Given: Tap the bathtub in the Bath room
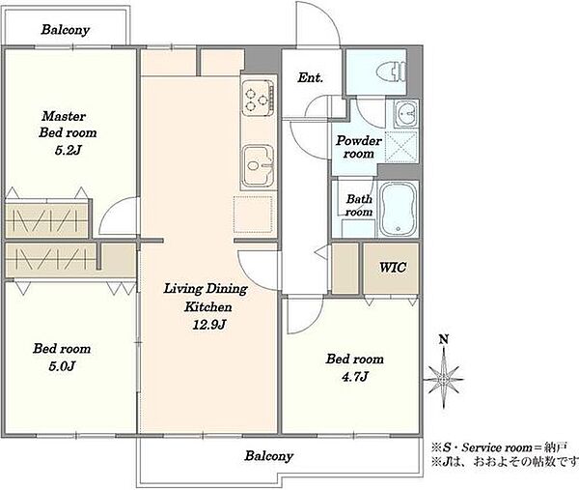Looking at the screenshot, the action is [x=399, y=209].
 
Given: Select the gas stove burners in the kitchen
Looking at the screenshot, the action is [x=258, y=98].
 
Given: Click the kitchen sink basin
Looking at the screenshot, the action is [x=258, y=166].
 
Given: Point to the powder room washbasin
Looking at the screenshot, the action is [x=406, y=114].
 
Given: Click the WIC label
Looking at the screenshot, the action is [x=393, y=267].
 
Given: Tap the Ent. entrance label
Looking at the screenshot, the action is [x=310, y=77].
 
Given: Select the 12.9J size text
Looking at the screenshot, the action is [x=209, y=325].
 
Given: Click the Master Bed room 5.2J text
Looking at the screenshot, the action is [x=68, y=132].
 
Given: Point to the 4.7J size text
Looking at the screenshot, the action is [x=355, y=377].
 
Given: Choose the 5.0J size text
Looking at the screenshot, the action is [x=62, y=366].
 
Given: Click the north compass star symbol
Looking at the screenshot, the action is [x=444, y=379].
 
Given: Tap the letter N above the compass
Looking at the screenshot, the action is [x=444, y=338].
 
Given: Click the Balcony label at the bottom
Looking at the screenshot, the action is [x=269, y=456].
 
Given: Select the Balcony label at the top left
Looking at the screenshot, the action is [x=66, y=30].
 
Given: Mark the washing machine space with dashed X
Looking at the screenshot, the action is [x=401, y=147].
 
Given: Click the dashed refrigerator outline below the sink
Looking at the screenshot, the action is [x=253, y=215].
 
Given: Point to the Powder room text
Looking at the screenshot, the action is [x=359, y=147].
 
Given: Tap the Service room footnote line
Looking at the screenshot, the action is [x=499, y=447].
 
